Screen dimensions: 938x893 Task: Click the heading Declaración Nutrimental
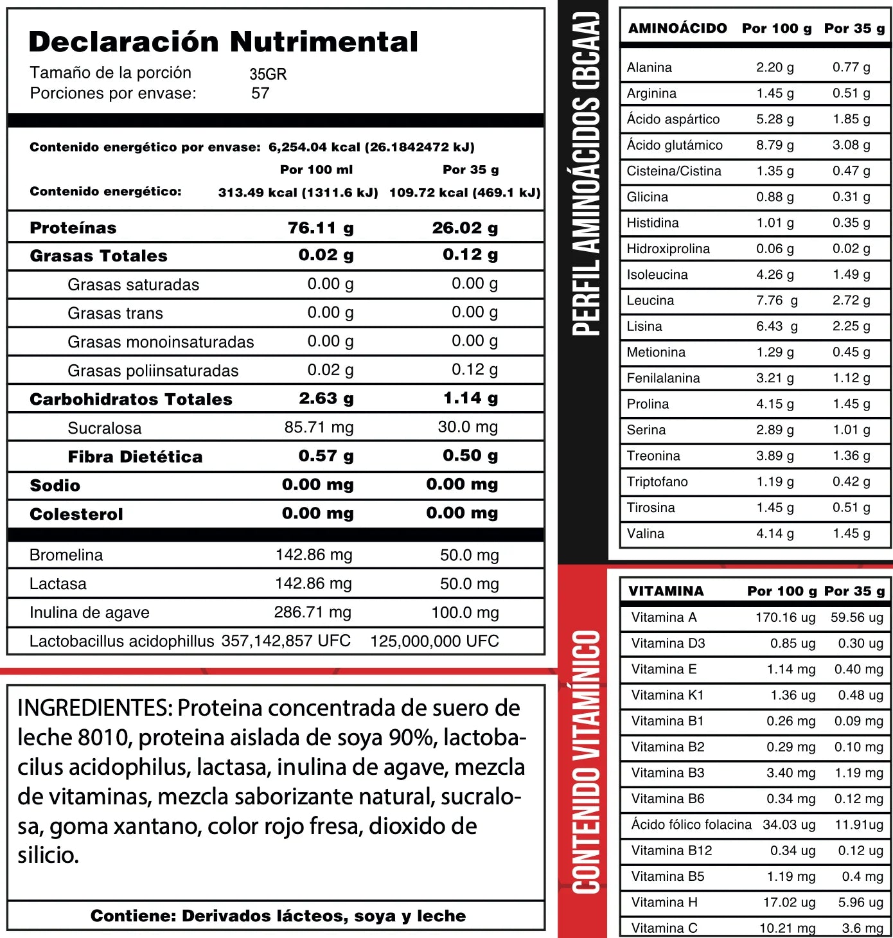point(223,42)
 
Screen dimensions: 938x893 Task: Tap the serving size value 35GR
point(268,74)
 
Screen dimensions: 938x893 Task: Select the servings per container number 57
point(260,93)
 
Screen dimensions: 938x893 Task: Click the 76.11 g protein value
point(321,228)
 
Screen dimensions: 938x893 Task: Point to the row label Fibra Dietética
point(135,457)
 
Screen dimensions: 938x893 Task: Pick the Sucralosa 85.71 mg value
point(319,427)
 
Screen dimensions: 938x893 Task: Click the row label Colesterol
point(76,514)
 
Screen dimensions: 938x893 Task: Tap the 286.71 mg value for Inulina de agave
point(312,612)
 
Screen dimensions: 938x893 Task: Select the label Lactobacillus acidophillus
point(121,641)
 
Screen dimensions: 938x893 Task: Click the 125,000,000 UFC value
point(434,641)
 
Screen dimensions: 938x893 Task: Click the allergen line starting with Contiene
point(278,916)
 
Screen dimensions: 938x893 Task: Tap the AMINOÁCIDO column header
point(677,28)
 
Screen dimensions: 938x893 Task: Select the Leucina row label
point(650,300)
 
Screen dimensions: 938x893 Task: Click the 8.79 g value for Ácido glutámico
point(775,145)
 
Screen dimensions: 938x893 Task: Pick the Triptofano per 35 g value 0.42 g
point(851,482)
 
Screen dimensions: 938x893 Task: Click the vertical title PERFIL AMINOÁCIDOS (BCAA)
point(585,173)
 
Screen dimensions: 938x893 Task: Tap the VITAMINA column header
point(666,591)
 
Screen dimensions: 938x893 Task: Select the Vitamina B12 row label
point(671,851)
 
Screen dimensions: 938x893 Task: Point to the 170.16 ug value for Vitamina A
point(785,617)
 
